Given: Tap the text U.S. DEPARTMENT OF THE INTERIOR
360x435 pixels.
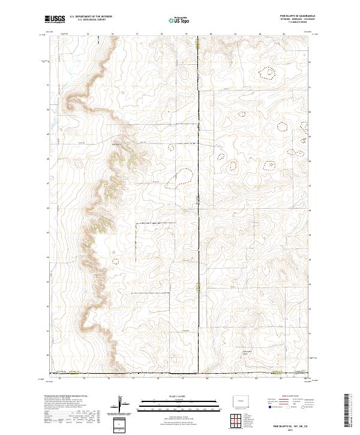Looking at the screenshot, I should (x=91, y=17).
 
